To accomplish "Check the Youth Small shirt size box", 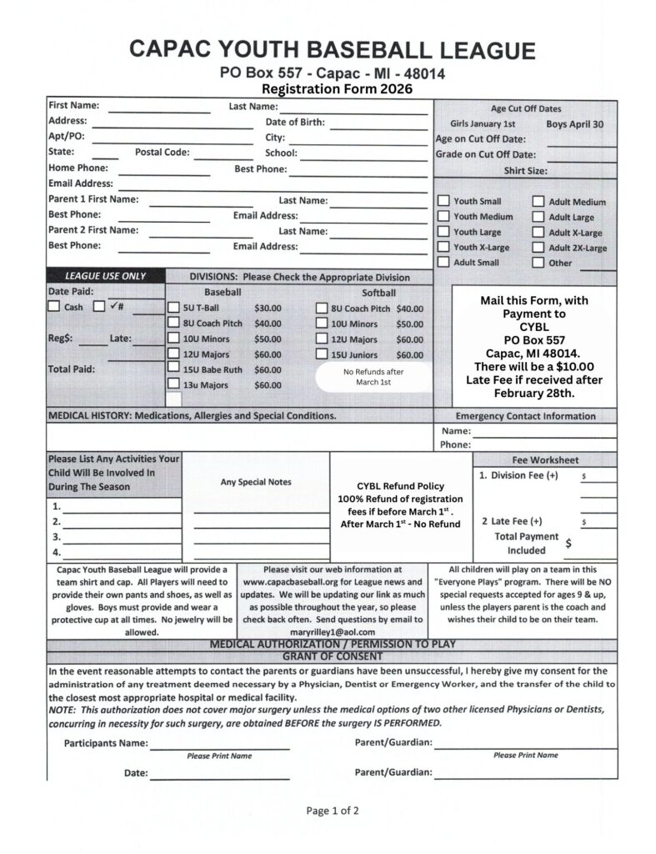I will coord(444,201).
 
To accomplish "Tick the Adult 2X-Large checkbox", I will coord(538,248).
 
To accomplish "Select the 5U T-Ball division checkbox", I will coord(173,308).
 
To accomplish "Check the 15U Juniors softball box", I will coord(322,354).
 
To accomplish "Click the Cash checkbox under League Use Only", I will coord(54,306).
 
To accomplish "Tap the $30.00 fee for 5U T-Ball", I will coord(268,308).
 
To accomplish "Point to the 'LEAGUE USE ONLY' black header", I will coord(106,276).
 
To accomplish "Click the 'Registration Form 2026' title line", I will coord(336,88).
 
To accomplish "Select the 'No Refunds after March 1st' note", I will coord(373,377).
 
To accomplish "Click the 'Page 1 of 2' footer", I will coord(333,810).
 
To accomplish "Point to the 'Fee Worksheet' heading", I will coord(545,460).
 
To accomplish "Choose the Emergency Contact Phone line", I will coord(543,445).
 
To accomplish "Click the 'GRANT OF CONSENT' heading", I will coord(331,656).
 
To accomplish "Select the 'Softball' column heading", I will coord(378,293).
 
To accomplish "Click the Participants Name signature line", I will coord(219,743).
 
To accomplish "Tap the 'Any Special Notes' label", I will coord(256,482).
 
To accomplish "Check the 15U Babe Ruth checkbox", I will coord(173,369).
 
